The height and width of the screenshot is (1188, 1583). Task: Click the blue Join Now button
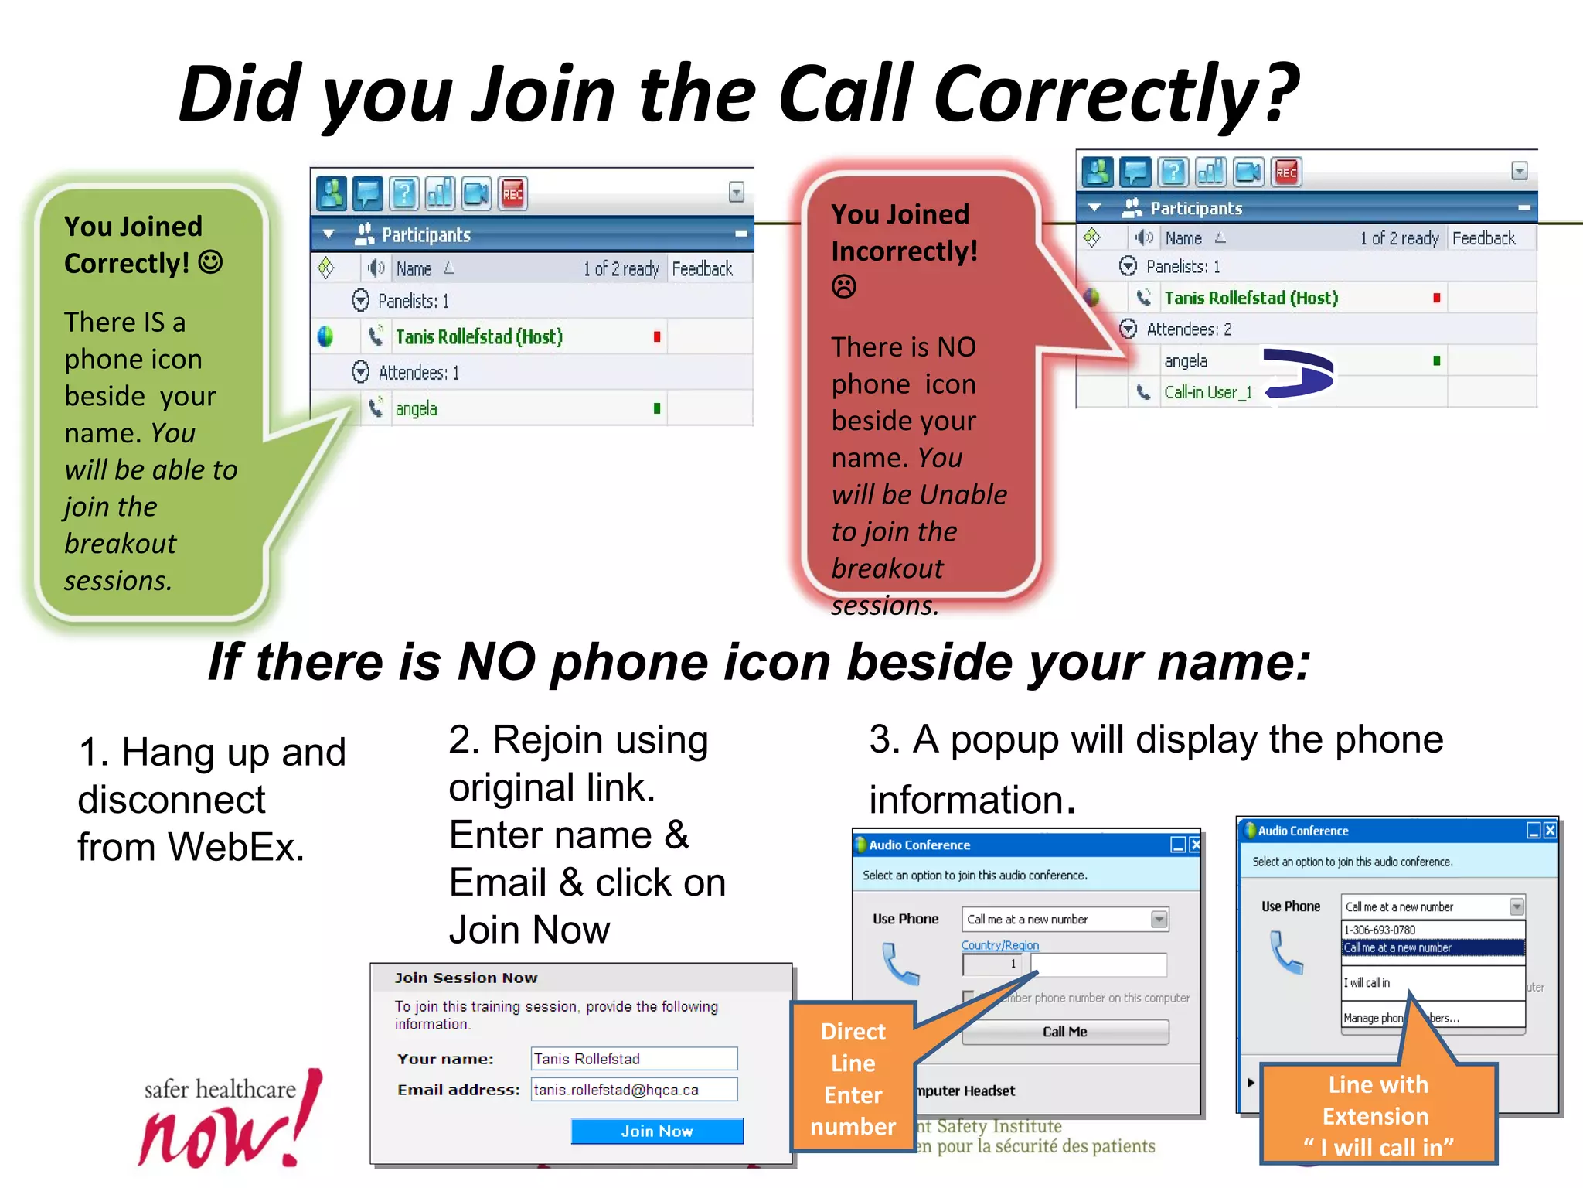tap(657, 1131)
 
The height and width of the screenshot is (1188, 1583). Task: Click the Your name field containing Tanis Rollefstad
tap(634, 1058)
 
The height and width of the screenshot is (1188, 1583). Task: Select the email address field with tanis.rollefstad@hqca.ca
tap(634, 1089)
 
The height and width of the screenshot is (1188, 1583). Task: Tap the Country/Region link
tap(999, 945)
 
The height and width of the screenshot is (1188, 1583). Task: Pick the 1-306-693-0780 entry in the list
tap(1380, 930)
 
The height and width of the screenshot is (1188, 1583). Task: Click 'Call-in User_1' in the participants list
tap(1207, 392)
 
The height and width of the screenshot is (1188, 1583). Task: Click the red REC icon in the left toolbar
tap(512, 193)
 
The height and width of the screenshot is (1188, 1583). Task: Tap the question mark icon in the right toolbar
tap(1173, 172)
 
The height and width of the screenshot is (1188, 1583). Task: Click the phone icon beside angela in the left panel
tap(376, 408)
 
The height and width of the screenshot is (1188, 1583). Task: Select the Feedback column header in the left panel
tap(702, 268)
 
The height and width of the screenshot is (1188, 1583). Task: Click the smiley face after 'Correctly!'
tap(210, 262)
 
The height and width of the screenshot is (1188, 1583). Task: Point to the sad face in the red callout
tap(843, 287)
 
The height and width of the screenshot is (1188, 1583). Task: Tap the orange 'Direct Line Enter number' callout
tap(853, 1078)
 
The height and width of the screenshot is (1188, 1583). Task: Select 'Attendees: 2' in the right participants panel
tap(1189, 329)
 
